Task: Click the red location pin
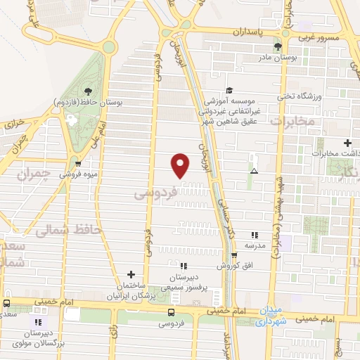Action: coord(181,165)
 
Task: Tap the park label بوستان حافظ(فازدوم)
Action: coord(89,103)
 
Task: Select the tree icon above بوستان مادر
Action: coord(278,46)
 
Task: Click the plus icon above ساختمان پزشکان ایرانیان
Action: coord(131,274)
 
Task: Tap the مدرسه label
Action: coord(255,245)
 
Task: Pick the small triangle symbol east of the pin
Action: coord(254,171)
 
